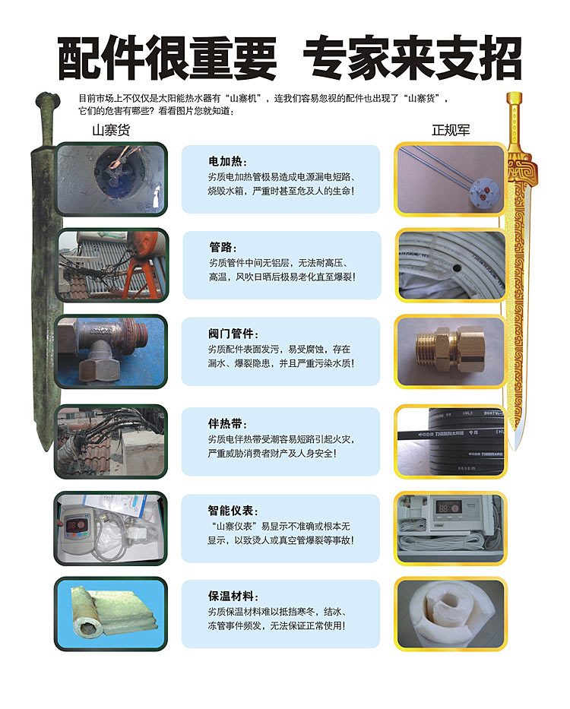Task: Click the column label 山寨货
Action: coord(111,130)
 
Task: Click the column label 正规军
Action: coord(451,130)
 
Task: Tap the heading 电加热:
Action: coord(227,161)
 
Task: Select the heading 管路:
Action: coord(223,247)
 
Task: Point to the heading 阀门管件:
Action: coord(233,334)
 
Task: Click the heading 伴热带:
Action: coord(227,424)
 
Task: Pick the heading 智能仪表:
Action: coord(233,511)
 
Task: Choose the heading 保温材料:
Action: coord(233,596)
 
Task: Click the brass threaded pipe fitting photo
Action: coord(450,352)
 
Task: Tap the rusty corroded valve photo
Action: coord(111,352)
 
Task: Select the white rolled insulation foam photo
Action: coord(450,614)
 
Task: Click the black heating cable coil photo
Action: coord(450,442)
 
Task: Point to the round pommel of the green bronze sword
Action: coord(47,100)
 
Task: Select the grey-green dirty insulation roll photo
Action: coord(111,614)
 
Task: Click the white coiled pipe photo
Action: coord(450,265)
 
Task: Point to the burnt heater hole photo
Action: coord(111,179)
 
